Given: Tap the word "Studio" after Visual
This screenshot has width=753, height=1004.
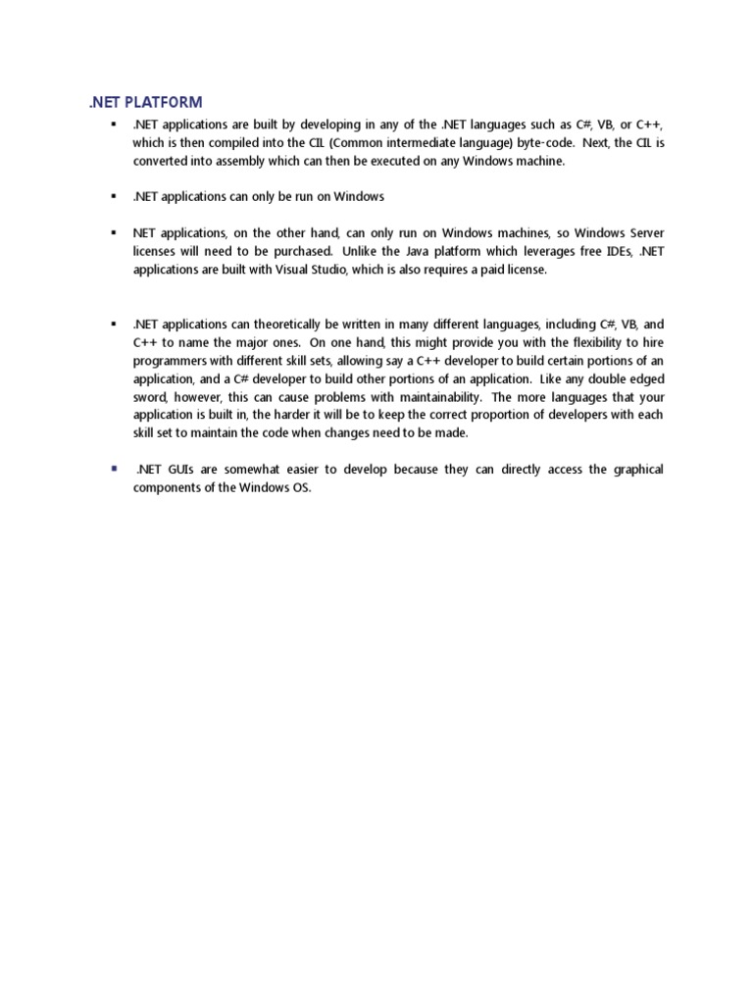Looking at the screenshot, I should (x=324, y=270).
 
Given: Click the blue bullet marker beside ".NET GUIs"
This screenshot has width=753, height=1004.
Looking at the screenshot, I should (x=114, y=469).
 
